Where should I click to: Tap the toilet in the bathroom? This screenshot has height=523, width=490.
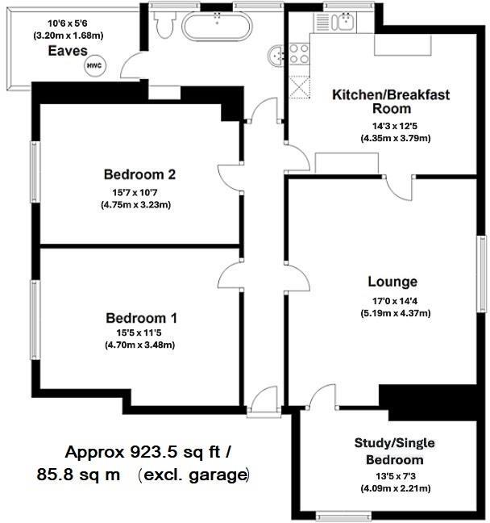164,26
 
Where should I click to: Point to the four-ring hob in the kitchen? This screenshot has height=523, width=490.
301,53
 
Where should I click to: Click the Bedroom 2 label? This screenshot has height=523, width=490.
139,174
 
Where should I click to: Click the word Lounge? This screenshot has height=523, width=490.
392,282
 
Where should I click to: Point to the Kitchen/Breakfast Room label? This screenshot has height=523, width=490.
391,102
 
